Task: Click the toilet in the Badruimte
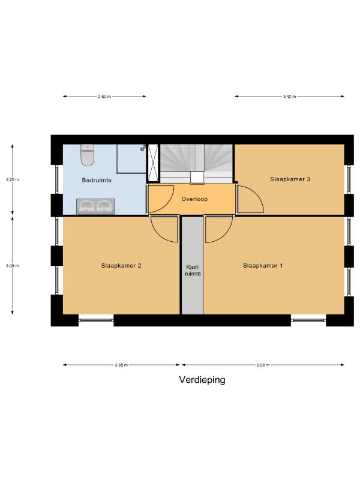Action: [x=87, y=155]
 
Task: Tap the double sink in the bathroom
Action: [x=95, y=206]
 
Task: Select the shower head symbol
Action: [x=143, y=148]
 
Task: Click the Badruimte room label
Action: [x=97, y=180]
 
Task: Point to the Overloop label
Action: [x=194, y=199]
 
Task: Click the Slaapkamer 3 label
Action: [x=290, y=179]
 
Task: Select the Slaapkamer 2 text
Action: [x=121, y=265]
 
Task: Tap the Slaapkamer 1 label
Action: [x=263, y=265]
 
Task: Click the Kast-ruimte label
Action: [x=193, y=271]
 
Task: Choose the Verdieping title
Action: [x=202, y=380]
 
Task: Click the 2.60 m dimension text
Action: [x=104, y=97]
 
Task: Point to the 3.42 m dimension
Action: [x=289, y=97]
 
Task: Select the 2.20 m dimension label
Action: [x=12, y=179]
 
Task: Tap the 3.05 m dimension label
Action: [x=12, y=266]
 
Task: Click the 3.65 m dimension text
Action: [x=121, y=365]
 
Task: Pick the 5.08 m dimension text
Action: [x=263, y=365]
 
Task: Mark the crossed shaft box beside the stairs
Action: [x=153, y=163]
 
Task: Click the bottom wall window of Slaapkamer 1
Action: [x=308, y=320]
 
